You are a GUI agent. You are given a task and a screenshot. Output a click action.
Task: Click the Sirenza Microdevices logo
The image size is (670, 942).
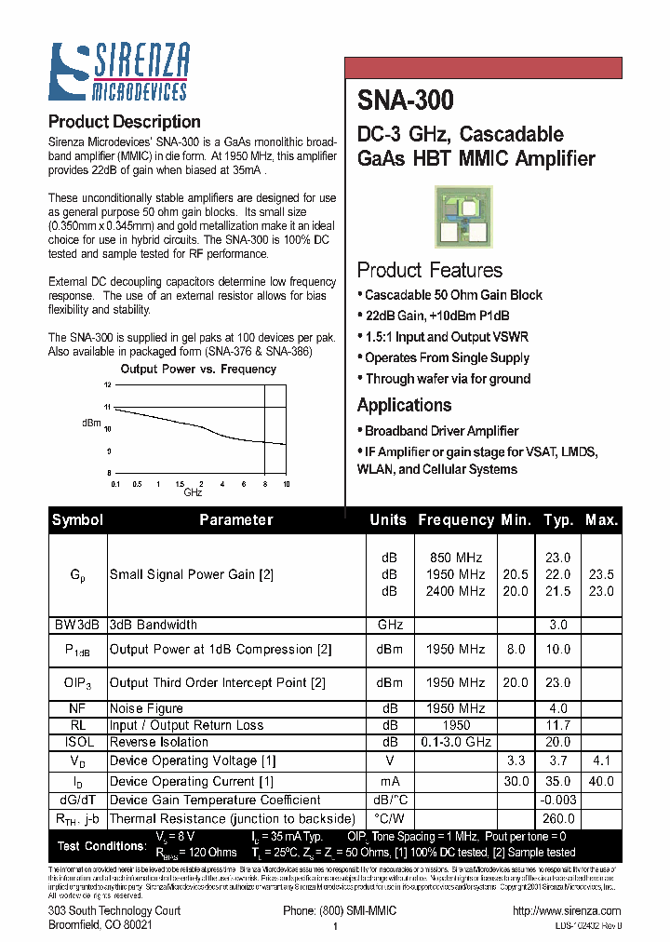[119, 72]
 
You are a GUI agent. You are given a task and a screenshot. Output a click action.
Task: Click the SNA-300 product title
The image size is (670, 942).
[406, 100]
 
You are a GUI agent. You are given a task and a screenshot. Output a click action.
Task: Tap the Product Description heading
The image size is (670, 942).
[124, 122]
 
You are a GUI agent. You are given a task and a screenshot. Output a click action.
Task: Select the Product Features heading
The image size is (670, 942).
[430, 270]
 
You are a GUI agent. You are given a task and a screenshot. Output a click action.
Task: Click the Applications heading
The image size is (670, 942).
[404, 405]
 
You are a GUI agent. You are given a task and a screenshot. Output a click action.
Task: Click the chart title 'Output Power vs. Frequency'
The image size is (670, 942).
[198, 369]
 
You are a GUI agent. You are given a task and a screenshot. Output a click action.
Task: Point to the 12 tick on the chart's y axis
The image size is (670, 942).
[108, 385]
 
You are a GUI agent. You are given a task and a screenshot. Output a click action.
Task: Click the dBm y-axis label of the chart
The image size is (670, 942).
[91, 423]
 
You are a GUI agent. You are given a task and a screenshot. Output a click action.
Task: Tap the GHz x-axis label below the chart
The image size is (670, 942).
[193, 491]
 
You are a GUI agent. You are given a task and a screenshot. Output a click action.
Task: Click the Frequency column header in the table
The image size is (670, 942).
[456, 520]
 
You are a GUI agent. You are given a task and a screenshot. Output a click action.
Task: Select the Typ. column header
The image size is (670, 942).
[558, 520]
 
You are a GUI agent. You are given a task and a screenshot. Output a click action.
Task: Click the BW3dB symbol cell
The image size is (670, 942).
[77, 625]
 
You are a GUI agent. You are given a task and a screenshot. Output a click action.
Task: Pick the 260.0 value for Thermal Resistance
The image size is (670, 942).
[558, 818]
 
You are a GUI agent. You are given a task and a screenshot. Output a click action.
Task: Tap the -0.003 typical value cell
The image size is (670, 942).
[558, 800]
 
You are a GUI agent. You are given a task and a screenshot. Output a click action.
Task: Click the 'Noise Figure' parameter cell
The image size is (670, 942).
[146, 708]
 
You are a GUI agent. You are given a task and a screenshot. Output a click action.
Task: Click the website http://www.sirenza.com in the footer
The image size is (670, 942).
[565, 910]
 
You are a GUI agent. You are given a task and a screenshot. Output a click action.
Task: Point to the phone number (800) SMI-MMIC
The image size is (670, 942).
[339, 910]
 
